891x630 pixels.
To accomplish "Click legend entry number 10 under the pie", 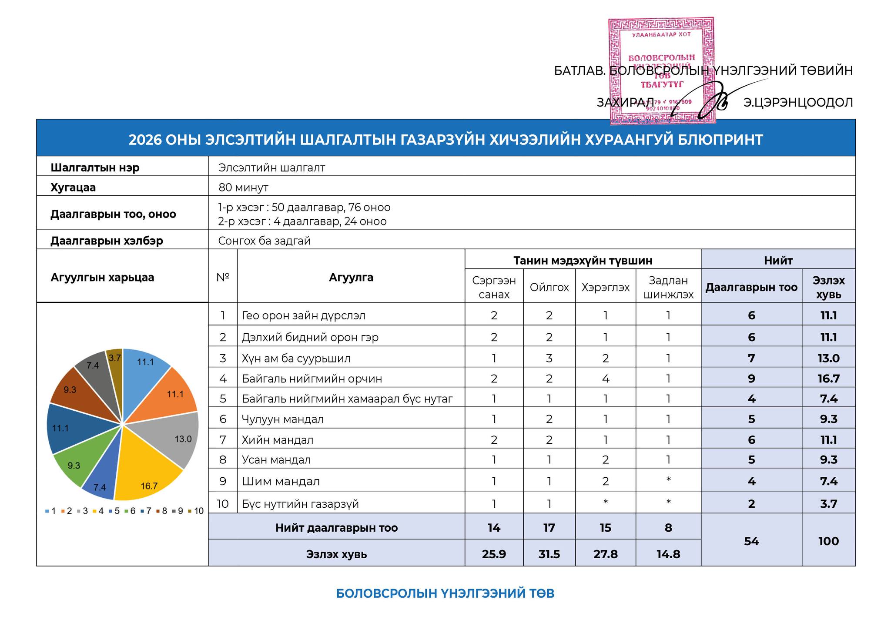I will tap(196, 511).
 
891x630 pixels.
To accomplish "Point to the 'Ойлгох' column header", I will tap(549, 287).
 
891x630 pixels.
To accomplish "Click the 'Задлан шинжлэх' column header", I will tap(668, 287).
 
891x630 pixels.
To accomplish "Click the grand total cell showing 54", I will tap(751, 541).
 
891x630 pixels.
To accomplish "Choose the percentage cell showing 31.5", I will tap(549, 554).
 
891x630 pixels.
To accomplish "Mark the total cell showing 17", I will tap(549, 528).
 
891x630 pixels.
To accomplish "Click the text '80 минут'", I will tap(243, 188).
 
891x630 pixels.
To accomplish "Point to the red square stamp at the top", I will tap(660, 70).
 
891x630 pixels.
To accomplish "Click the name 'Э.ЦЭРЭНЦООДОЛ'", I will tap(798, 103).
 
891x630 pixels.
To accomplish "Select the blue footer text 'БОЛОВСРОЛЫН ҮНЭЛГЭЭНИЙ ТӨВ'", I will tap(445, 593).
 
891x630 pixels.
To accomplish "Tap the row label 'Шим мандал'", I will tap(281, 482).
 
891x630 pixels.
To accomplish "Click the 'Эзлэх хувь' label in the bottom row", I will tap(336, 554).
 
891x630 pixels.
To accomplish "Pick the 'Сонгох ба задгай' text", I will tap(264, 241).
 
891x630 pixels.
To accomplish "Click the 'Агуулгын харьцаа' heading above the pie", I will tap(102, 278).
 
